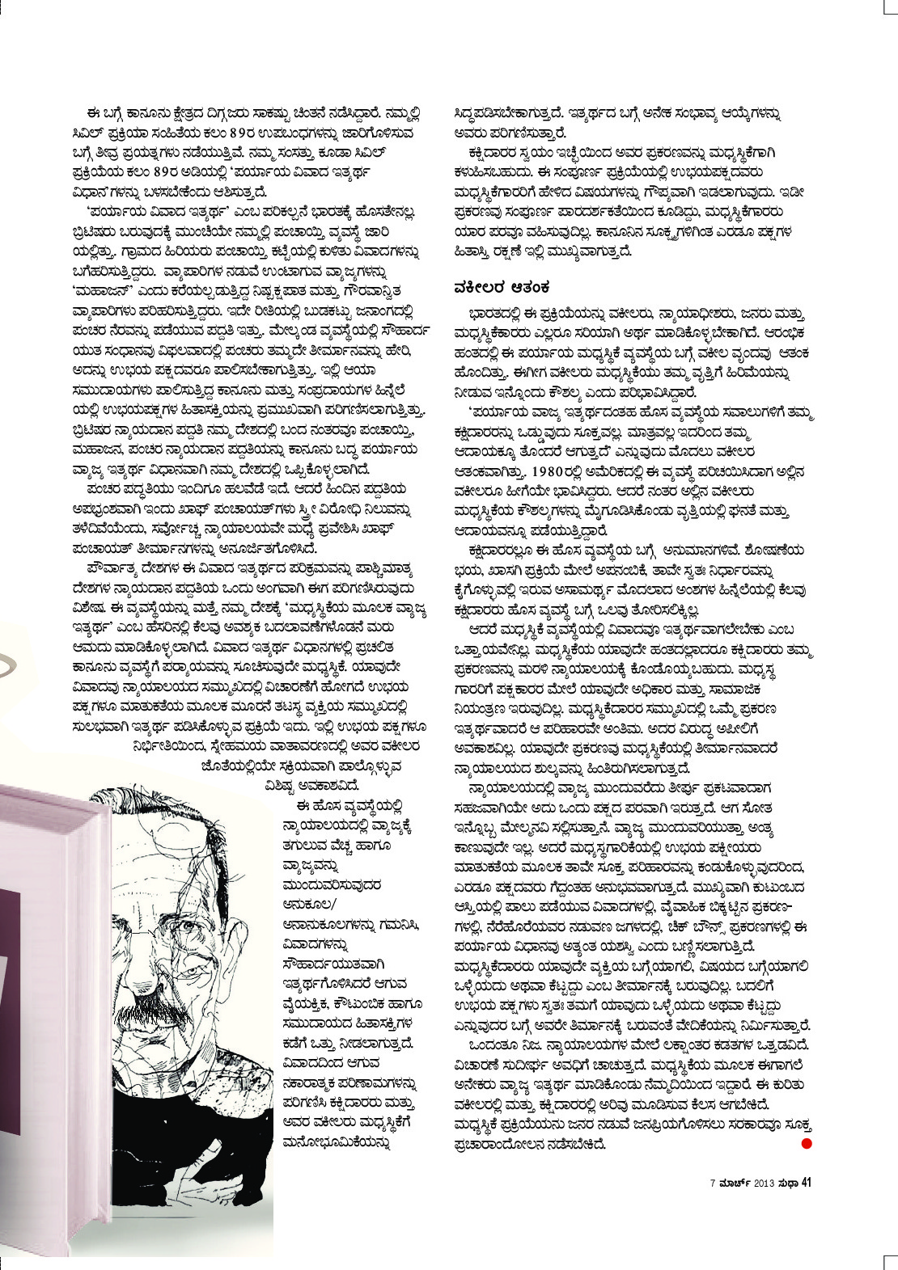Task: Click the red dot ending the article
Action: (x=806, y=1143)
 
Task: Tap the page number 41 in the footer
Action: (x=806, y=1183)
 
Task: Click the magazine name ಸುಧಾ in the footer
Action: (x=788, y=1183)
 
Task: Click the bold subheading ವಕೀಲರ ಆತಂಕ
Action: (x=502, y=286)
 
